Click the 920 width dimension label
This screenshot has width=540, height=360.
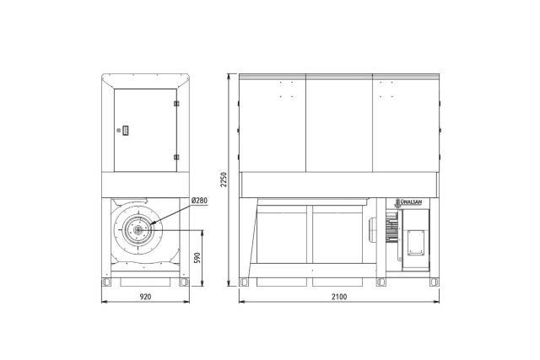pos(145,296)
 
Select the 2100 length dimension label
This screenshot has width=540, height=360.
pos(339,296)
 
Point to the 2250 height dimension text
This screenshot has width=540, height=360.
pos(224,180)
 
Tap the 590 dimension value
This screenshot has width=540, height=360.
pos(197,258)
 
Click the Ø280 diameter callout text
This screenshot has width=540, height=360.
pos(199,201)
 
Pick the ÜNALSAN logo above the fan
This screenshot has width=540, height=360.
pos(409,202)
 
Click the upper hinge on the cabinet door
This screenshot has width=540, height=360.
pos(176,103)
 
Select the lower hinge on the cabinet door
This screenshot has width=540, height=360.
pos(176,158)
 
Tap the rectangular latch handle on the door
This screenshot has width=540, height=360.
pos(126,130)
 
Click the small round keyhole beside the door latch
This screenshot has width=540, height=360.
pos(119,130)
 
